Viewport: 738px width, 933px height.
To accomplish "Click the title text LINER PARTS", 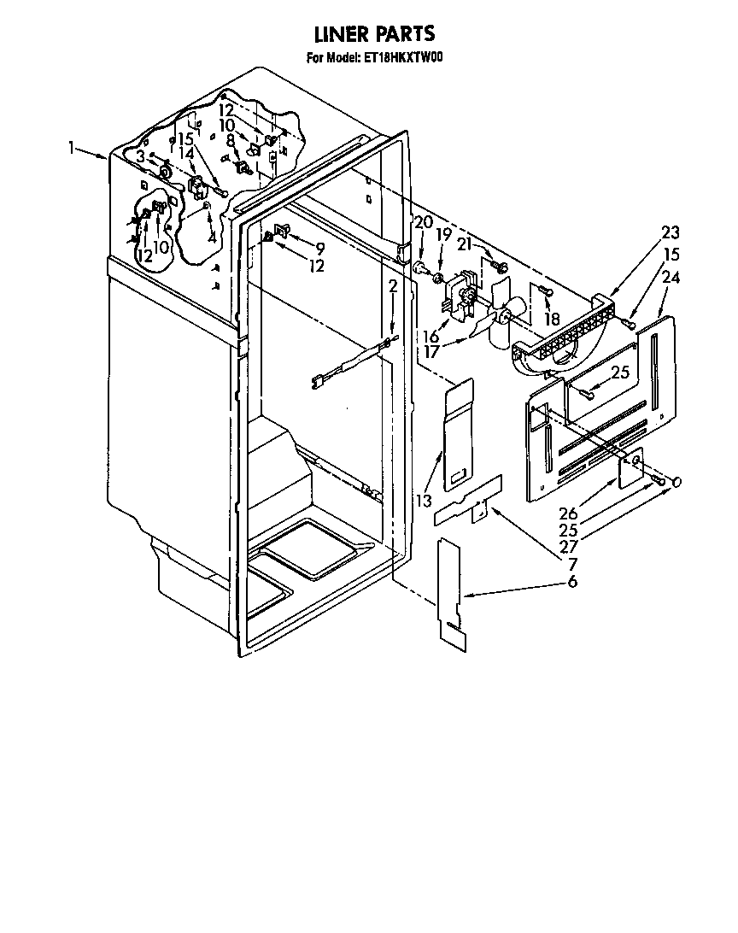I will (x=374, y=33).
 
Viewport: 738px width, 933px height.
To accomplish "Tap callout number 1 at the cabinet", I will (x=73, y=147).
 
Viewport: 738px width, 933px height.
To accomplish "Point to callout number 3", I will (x=140, y=155).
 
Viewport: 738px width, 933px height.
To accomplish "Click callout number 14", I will (x=186, y=154).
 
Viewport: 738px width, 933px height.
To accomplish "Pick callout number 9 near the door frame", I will (x=319, y=249).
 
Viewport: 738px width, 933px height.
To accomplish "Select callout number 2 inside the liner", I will (x=392, y=286).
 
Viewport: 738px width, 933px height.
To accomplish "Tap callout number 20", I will (x=422, y=222).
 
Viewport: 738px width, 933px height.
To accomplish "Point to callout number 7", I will (x=572, y=565).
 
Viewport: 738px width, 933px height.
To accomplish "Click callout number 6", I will (x=572, y=582).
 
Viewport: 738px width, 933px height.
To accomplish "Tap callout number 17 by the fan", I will (x=433, y=350).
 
